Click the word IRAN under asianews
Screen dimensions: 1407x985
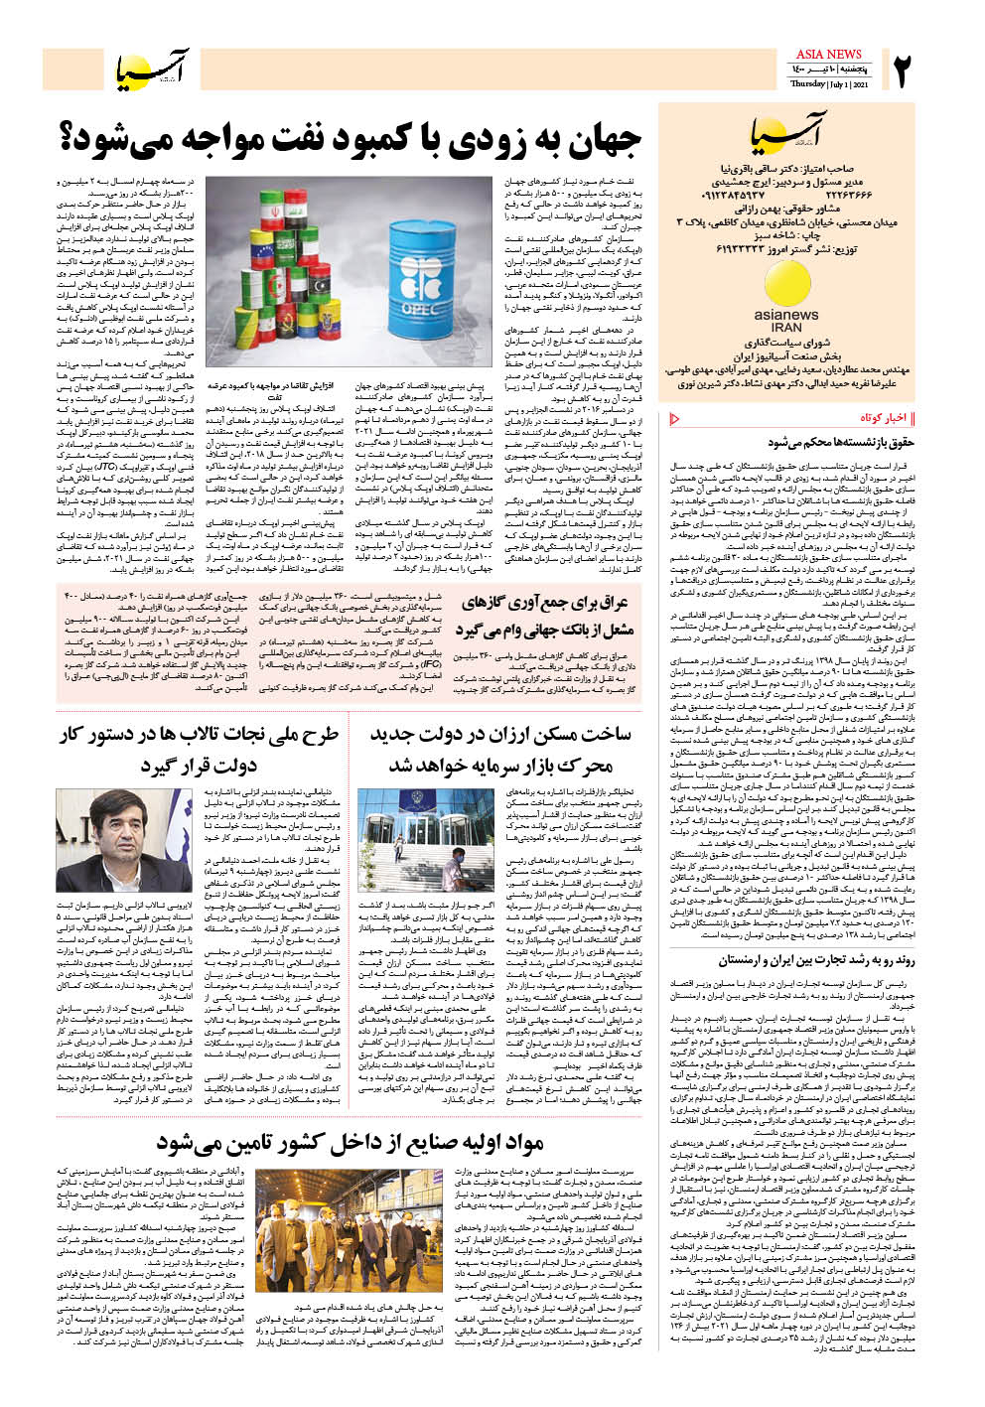coord(786,327)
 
